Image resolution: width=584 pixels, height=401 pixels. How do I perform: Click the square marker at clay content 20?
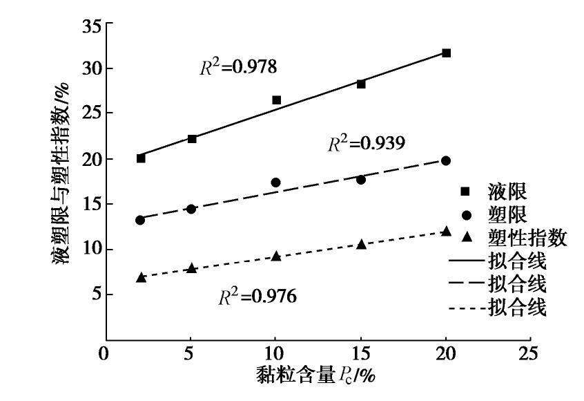tap(447, 53)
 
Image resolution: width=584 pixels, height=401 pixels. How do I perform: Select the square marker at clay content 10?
tap(277, 100)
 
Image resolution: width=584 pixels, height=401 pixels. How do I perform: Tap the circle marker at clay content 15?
tap(361, 180)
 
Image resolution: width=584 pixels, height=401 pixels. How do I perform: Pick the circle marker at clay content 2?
tap(140, 220)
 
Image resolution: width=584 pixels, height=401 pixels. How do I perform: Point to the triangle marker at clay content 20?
tap(447, 231)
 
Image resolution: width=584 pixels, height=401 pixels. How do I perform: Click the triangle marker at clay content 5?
tap(192, 268)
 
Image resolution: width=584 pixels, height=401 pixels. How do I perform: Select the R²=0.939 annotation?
tap(365, 144)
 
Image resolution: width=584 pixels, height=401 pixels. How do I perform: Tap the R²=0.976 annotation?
tap(257, 297)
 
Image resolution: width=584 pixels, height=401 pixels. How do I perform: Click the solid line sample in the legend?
tap(467, 263)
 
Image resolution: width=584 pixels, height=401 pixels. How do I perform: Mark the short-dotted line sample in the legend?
tap(467, 307)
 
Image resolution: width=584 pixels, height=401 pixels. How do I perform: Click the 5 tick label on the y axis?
tap(98, 295)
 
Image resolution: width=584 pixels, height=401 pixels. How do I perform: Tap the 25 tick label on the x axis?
tap(530, 352)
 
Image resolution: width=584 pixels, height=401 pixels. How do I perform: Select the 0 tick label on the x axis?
tap(105, 352)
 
